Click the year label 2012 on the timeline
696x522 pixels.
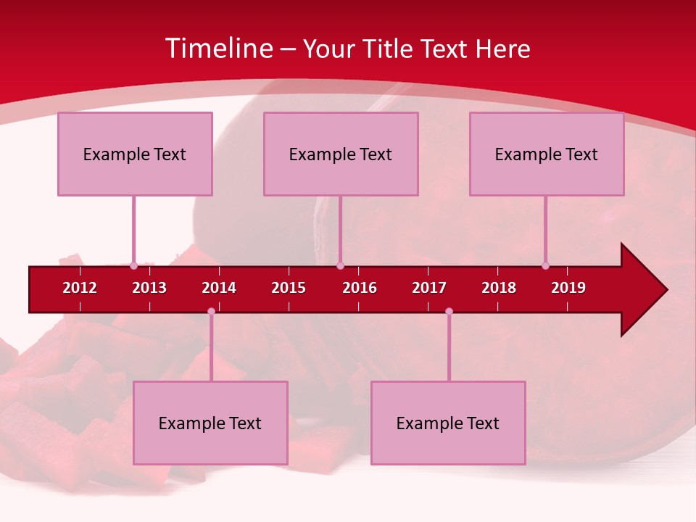(80, 288)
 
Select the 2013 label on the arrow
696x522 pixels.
(149, 288)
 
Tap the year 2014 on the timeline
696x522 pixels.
(219, 288)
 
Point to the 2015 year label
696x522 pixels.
(289, 288)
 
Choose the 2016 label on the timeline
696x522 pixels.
(360, 288)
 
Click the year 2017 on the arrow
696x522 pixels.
(429, 288)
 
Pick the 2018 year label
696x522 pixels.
(499, 288)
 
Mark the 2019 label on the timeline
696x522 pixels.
(568, 288)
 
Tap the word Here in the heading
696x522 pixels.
(502, 49)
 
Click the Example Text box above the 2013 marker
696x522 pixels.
(135, 154)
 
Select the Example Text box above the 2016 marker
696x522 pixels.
(341, 154)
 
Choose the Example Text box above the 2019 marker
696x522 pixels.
(547, 154)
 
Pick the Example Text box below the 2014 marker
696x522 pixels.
(210, 423)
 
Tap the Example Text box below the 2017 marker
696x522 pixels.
(448, 423)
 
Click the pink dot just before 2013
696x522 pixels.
(133, 265)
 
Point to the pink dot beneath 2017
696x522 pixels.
(449, 311)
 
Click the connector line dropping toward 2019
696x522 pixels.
(545, 228)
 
